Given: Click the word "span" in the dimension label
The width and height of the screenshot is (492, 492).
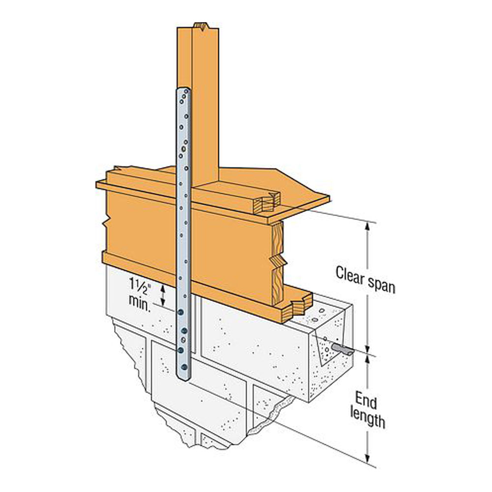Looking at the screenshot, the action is (381, 285).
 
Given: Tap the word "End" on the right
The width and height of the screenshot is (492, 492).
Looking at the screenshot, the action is (366, 400).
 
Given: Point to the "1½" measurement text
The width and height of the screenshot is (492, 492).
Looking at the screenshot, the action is (140, 284).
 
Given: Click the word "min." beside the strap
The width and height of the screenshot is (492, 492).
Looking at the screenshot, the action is (140, 303).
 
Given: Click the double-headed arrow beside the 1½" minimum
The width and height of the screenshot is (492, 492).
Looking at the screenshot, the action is (163, 295).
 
